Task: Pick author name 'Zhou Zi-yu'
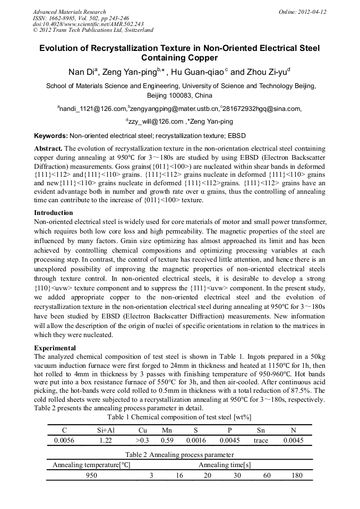pyautogui.click(x=266, y=72)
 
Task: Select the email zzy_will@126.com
pyautogui.click(x=150, y=122)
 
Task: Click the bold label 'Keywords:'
pyautogui.click(x=50, y=136)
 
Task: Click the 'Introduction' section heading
pyautogui.click(x=55, y=213)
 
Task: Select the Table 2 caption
pyautogui.click(x=179, y=454)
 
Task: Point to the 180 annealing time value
pyautogui.click(x=297, y=476)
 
